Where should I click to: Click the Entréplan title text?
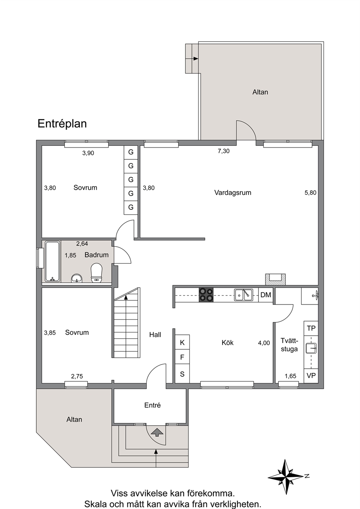pos(62,124)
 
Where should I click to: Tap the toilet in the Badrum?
pos(97,273)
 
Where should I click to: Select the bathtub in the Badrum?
pos(53,261)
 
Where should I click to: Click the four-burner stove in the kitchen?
pos(206,295)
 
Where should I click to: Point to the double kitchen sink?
pos(244,295)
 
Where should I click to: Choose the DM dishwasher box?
pos(266,295)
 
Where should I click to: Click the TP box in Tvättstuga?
pos(311,328)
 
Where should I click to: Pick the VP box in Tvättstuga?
pos(311,375)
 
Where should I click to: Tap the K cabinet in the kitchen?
pos(182,342)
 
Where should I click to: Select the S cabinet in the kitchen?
pos(182,374)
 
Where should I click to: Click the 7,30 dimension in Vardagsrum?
pos(224,151)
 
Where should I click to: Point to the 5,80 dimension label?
pos(310,193)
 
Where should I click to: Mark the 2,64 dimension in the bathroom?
pos(82,244)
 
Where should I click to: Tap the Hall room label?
pos(155,334)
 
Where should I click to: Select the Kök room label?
pos(228,343)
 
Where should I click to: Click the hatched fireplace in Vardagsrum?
pos(276,279)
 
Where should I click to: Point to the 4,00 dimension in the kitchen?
pos(264,343)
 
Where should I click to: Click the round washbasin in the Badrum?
pos(77,278)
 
